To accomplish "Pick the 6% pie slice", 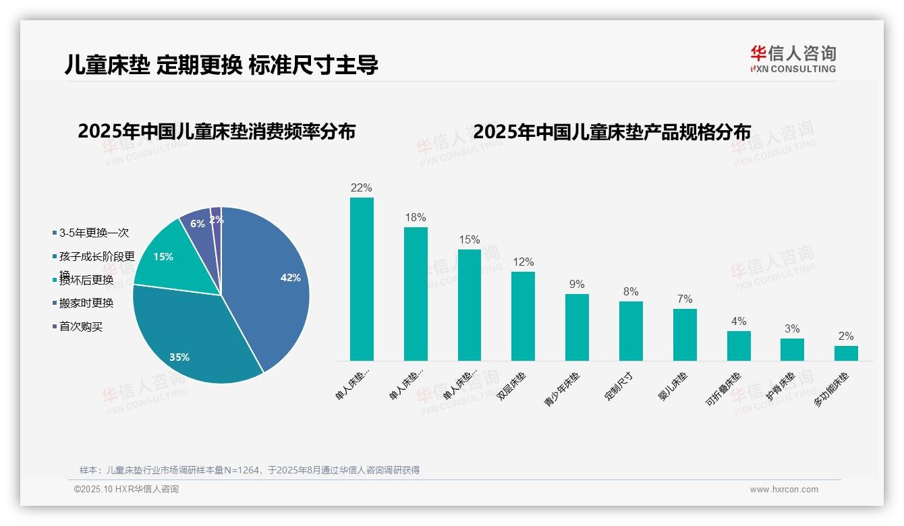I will (197, 224).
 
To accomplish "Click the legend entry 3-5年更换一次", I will (93, 233).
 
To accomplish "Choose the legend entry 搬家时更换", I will (86, 303).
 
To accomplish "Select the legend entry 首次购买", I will (80, 327).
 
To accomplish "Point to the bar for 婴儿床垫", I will (685, 334).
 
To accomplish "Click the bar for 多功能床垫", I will (846, 353).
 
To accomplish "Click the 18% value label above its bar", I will (416, 218).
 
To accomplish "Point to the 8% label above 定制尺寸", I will (631, 292).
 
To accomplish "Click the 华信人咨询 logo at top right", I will (793, 59).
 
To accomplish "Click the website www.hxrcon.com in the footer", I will (784, 490).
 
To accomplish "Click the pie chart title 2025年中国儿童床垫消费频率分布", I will (217, 131).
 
